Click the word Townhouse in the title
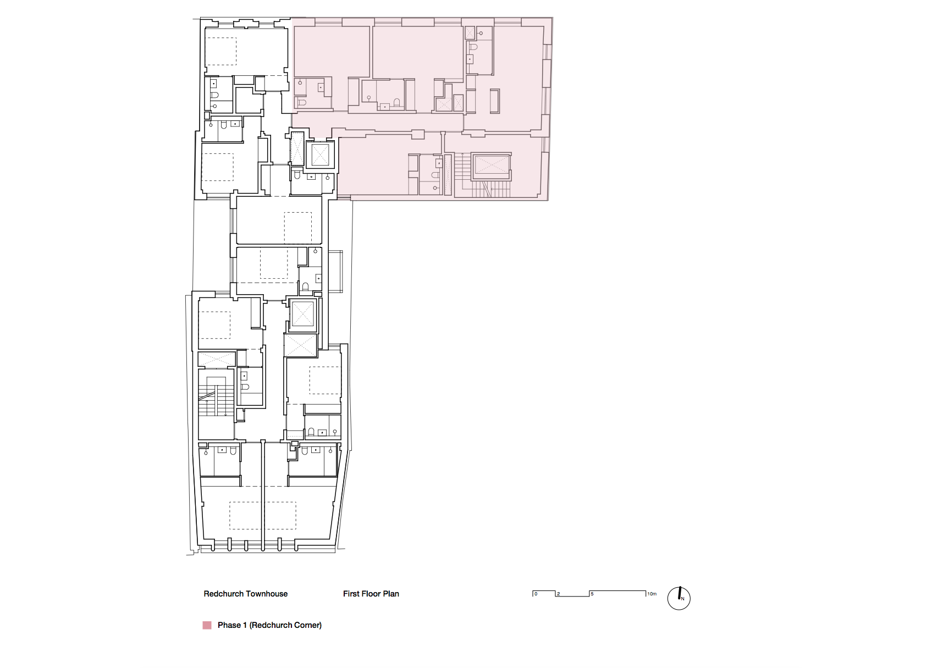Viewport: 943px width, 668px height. [x=267, y=594]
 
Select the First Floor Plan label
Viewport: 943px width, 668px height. [x=371, y=594]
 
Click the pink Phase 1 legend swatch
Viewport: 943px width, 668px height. [x=207, y=625]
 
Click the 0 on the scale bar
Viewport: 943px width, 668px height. [x=536, y=594]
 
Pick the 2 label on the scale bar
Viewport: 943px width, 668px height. [x=558, y=594]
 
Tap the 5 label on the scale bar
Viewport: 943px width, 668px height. [x=592, y=594]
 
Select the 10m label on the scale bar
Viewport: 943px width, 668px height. [x=652, y=594]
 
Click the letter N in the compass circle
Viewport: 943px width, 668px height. [x=682, y=599]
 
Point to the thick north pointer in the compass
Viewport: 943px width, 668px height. [x=680, y=593]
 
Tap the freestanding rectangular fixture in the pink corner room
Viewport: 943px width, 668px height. [x=494, y=101]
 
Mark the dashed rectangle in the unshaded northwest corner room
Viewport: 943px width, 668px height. [x=220, y=51]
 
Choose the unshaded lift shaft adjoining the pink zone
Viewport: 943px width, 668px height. [x=319, y=155]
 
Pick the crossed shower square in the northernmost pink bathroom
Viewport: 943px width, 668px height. [x=470, y=33]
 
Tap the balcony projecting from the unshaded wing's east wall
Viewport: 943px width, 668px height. [x=335, y=271]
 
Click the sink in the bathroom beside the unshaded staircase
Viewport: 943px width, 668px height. [x=244, y=376]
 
